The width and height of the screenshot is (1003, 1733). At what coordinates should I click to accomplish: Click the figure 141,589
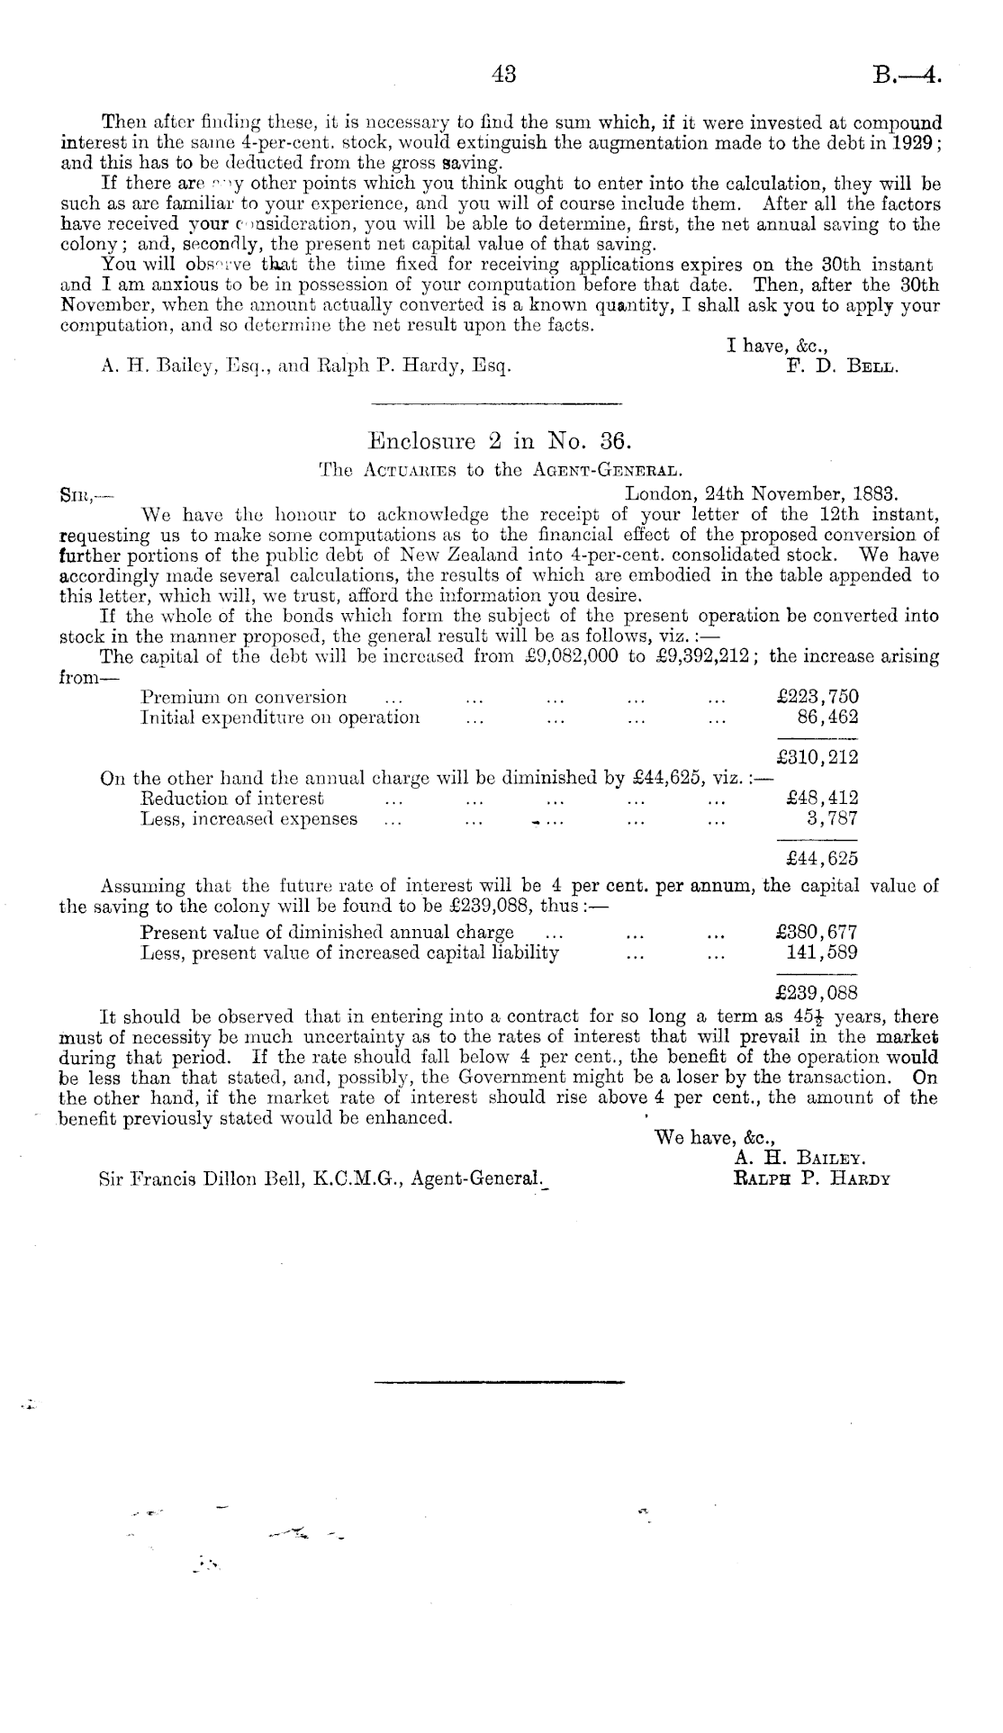822,952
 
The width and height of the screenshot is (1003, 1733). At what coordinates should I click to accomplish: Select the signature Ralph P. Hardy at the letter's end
812,1178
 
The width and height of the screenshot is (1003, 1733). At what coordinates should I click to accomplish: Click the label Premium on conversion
244,698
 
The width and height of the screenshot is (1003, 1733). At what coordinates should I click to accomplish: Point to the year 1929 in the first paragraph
916,144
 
